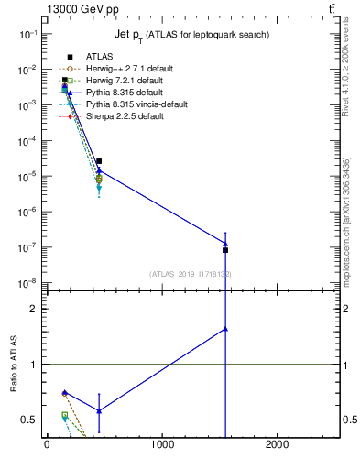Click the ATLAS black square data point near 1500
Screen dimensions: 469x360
click(x=225, y=250)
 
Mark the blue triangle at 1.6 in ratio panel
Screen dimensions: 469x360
click(x=225, y=328)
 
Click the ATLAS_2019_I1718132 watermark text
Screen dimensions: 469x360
click(x=191, y=274)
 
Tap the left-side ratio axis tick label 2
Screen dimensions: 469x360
click(x=34, y=309)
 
